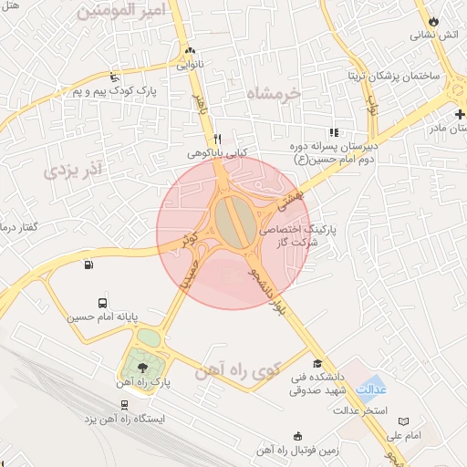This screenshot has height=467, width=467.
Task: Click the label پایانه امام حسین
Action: coord(103,318)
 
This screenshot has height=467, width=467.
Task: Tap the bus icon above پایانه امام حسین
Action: coord(101,303)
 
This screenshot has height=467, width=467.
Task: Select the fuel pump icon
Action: coord(88,265)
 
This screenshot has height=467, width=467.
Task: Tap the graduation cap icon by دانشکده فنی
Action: coord(317,365)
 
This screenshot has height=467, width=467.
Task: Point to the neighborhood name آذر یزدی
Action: coord(72,168)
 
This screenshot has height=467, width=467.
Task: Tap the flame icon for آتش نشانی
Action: coord(432,20)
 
